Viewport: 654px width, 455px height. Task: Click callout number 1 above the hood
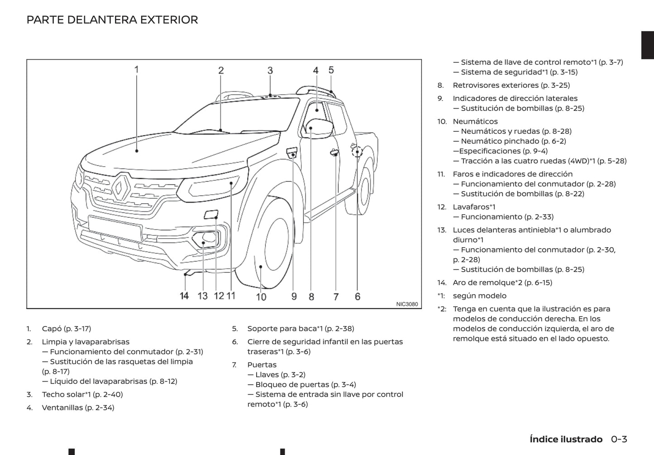point(136,70)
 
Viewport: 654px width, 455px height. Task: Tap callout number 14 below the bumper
point(184,296)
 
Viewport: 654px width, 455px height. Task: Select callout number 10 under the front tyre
point(261,297)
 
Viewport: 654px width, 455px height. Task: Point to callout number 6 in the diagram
point(358,297)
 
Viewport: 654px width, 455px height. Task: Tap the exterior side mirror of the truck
point(317,129)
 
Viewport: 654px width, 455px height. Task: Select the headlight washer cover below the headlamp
point(211,214)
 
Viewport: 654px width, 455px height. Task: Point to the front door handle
point(334,152)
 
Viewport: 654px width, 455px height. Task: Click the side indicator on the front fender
point(291,153)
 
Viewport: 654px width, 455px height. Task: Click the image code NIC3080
point(407,304)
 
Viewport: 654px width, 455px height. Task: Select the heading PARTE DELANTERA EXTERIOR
point(112,20)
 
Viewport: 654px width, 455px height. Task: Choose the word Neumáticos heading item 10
point(475,121)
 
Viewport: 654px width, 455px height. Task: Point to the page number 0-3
point(619,439)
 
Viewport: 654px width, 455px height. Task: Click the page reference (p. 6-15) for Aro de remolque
point(538,283)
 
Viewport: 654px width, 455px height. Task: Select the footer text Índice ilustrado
point(566,439)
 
